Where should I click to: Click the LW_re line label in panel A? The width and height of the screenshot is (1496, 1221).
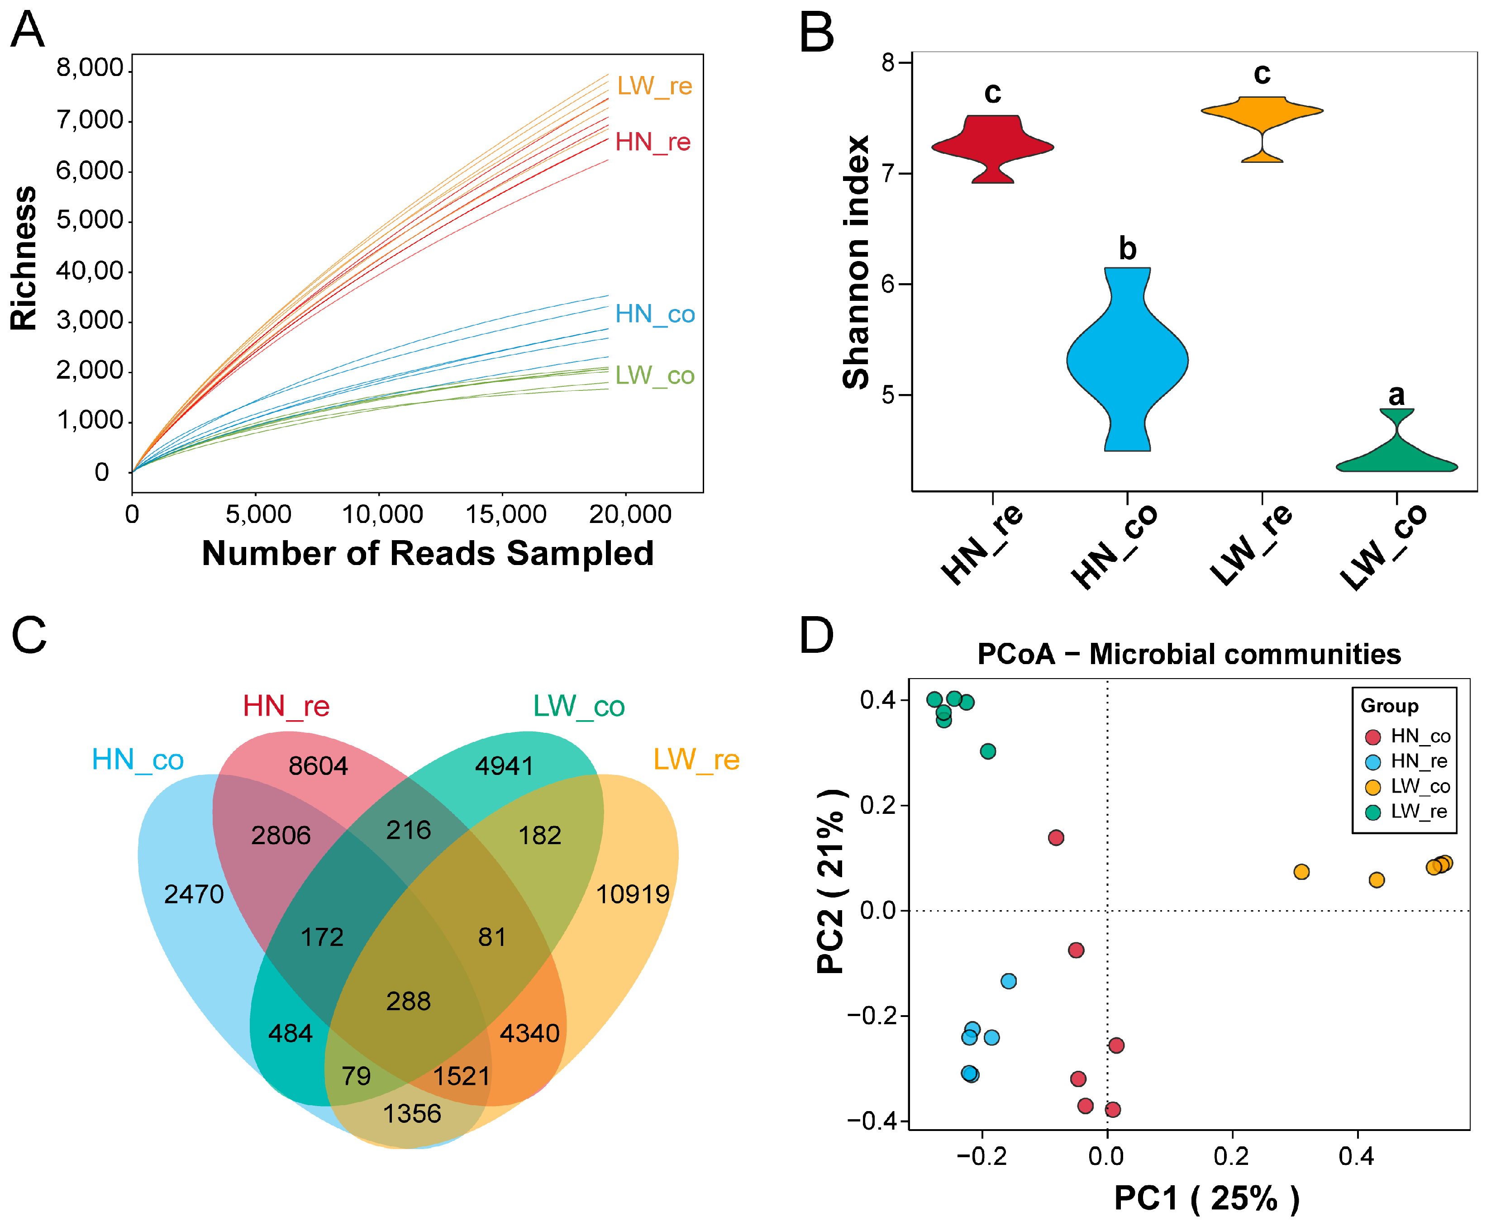[654, 86]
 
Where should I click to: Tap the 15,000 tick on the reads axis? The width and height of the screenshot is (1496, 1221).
[506, 514]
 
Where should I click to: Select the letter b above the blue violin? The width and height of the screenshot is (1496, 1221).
[1128, 249]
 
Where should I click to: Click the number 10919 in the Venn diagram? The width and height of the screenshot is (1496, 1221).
[632, 895]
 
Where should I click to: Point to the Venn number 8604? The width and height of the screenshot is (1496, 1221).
[318, 766]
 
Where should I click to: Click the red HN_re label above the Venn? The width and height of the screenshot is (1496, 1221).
[286, 706]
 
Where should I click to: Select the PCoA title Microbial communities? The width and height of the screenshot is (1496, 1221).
[1189, 654]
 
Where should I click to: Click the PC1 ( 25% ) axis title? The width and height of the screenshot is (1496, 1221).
[1206, 1198]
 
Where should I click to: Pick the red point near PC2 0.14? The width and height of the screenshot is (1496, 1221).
[1056, 838]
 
